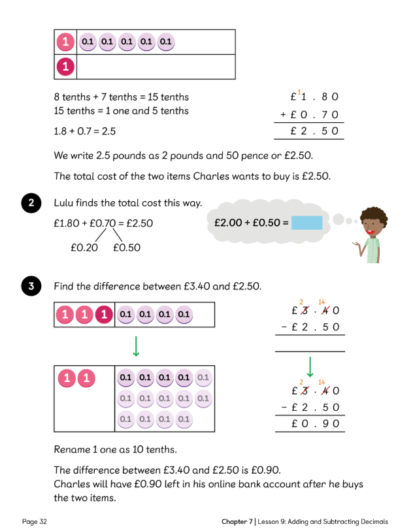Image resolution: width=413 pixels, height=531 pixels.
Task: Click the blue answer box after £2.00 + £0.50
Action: pyautogui.click(x=306, y=223)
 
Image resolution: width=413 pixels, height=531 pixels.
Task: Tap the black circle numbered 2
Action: pyautogui.click(x=30, y=204)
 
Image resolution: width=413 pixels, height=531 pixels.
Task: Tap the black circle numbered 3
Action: pyautogui.click(x=30, y=286)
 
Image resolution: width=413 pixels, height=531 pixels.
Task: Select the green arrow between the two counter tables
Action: pyautogui.click(x=135, y=344)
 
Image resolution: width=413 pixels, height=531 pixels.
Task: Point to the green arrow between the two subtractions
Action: pyautogui.click(x=310, y=366)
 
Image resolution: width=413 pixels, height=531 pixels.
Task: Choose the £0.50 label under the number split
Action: pyautogui.click(x=126, y=248)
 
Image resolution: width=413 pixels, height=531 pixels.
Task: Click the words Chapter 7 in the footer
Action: pyautogui.click(x=238, y=521)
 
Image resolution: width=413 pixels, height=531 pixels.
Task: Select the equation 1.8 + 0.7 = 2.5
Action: pyautogui.click(x=85, y=131)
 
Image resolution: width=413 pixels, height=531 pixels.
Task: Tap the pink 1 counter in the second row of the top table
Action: pyautogui.click(x=65, y=67)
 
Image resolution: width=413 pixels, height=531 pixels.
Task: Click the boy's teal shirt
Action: pyautogui.click(x=373, y=249)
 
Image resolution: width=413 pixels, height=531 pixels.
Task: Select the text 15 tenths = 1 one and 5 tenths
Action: pyautogui.click(x=121, y=111)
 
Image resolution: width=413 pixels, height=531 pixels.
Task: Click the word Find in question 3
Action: pyautogui.click(x=65, y=286)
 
